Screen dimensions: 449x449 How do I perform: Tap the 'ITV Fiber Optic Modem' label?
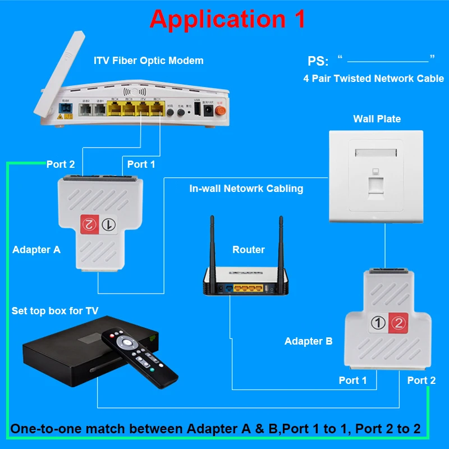(148, 60)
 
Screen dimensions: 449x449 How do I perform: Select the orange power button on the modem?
(221, 111)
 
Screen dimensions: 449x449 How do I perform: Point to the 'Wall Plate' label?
(377, 118)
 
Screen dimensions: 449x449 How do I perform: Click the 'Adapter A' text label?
(36, 250)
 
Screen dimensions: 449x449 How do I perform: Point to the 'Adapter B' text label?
(308, 341)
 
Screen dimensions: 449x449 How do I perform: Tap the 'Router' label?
(248, 249)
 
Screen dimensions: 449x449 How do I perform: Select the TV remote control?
(140, 357)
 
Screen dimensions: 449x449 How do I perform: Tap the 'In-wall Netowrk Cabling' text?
(246, 189)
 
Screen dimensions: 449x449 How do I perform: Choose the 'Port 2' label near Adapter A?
(61, 164)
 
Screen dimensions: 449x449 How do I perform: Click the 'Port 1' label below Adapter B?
(352, 380)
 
